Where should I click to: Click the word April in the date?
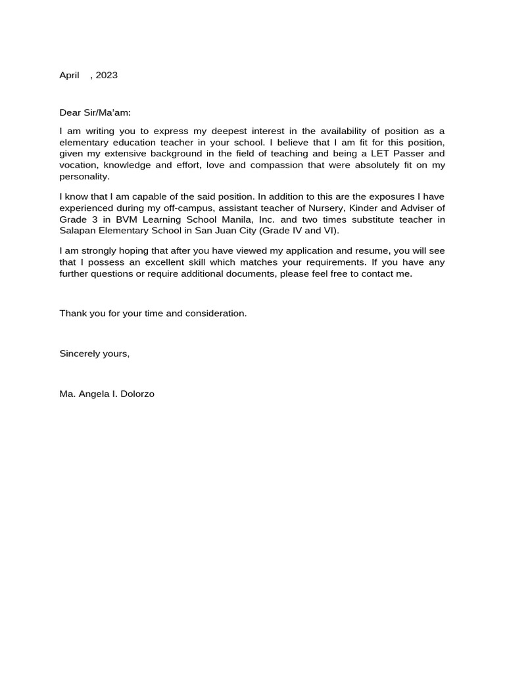pyautogui.click(x=69, y=75)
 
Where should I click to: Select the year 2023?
pyautogui.click(x=107, y=75)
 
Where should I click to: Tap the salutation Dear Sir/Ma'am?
pyautogui.click(x=95, y=112)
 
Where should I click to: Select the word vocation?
pyautogui.click(x=78, y=165)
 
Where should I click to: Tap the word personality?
pyautogui.click(x=84, y=176)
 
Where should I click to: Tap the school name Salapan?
pyautogui.click(x=78, y=230)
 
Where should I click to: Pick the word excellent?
pyautogui.click(x=153, y=262)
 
